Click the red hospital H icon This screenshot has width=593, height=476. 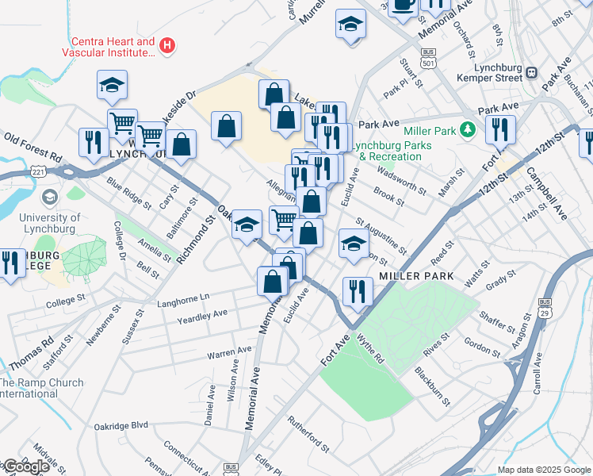point(166,44)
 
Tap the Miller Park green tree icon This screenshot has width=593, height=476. point(469,128)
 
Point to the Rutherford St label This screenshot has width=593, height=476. point(308,435)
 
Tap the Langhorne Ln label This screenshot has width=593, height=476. point(182,296)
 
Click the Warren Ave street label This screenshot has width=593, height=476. point(229,351)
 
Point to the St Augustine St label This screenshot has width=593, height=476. point(381,236)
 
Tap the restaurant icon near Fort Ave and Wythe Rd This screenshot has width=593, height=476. point(358,290)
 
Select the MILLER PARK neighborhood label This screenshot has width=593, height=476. point(416,276)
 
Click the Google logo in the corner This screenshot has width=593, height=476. point(26,466)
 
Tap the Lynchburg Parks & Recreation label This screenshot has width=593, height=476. point(394,151)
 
